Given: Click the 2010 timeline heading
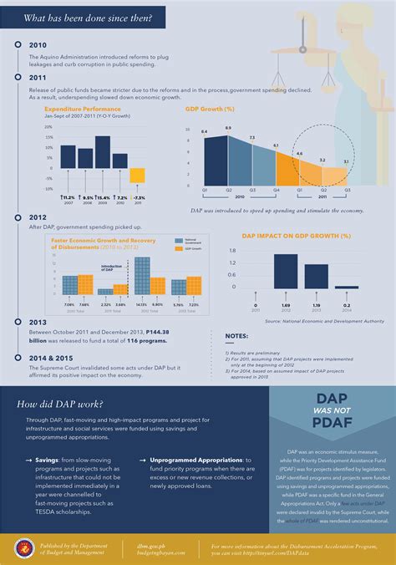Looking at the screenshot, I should (38, 44).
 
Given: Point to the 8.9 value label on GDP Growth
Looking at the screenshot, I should (228, 127).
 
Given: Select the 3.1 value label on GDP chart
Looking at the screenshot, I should (346, 161).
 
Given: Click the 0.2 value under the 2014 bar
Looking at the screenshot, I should (347, 306).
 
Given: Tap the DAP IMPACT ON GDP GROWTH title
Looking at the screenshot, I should (296, 237).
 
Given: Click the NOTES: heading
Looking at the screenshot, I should (236, 337).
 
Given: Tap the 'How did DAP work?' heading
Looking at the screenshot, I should (58, 405).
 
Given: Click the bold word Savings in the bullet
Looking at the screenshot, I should (41, 459).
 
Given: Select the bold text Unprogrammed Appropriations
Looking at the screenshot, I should (193, 459).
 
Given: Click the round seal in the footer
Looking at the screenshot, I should (23, 548).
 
